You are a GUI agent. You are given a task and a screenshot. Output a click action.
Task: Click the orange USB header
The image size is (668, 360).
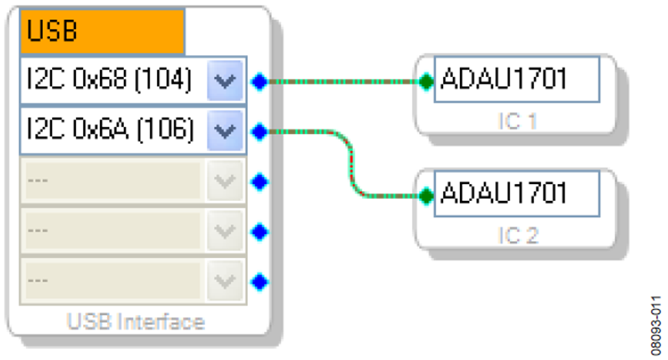[102, 31]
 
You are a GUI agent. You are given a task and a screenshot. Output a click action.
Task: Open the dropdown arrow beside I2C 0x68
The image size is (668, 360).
[225, 80]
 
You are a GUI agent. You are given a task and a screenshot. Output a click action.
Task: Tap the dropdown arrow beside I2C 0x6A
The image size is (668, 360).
[225, 131]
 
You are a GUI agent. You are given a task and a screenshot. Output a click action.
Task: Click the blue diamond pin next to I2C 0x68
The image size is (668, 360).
[260, 82]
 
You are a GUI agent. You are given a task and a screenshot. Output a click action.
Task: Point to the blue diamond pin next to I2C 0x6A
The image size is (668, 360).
[260, 131]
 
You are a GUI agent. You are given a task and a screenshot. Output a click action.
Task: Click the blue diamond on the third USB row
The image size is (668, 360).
[260, 182]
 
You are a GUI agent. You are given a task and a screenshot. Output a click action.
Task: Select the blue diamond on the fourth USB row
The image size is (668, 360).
[260, 232]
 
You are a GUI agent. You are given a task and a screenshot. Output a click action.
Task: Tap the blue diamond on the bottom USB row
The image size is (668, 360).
[260, 282]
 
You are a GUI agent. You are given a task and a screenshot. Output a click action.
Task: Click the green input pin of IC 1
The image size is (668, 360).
[426, 82]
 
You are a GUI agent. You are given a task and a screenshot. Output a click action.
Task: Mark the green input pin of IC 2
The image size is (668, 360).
[426, 196]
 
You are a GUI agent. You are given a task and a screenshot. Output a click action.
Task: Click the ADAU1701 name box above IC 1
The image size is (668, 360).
[517, 79]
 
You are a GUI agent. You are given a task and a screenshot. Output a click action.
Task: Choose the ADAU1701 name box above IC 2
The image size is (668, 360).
[517, 194]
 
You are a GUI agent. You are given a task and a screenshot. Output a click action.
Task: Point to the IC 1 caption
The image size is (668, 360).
[517, 122]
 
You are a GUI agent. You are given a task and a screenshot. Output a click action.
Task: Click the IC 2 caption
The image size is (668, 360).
[518, 235]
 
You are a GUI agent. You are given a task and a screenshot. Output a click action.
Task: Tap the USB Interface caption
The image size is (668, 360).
[136, 321]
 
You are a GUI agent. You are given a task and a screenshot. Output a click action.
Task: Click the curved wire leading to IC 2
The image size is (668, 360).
[351, 164]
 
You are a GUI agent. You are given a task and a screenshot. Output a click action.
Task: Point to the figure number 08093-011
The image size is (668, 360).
[656, 326]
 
